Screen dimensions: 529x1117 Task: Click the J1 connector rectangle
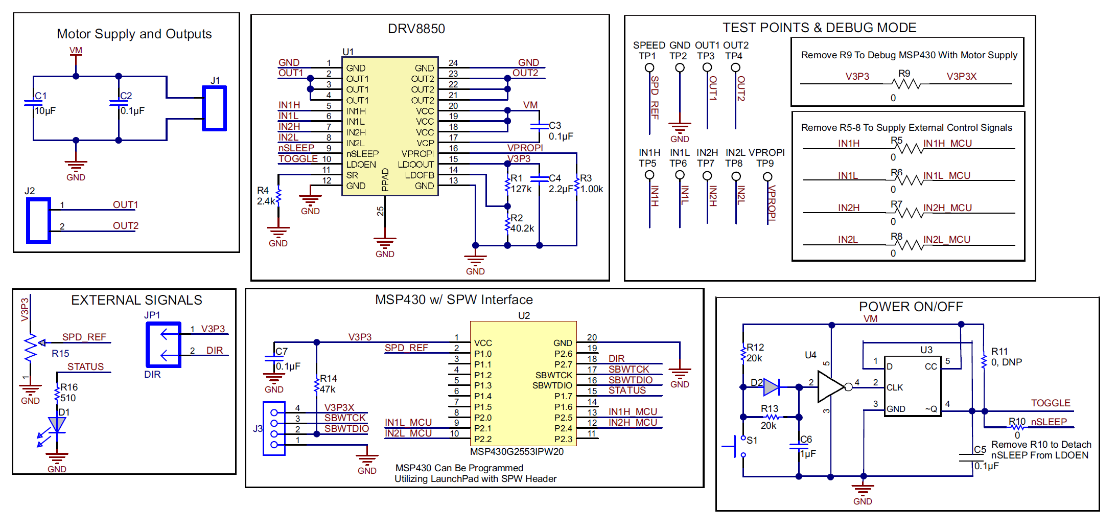214,108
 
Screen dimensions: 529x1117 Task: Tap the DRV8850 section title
416,29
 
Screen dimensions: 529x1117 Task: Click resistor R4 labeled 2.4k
278,195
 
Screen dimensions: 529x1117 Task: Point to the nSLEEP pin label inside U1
362,154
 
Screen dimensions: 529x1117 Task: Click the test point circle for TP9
767,177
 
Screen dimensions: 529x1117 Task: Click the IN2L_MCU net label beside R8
946,239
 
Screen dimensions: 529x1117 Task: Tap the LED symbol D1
57,425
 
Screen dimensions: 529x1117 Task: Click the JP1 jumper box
164,344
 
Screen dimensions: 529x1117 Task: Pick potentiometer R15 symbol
31,348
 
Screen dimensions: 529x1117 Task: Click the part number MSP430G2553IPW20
517,452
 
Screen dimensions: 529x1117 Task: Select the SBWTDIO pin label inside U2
552,385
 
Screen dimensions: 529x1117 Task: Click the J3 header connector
274,428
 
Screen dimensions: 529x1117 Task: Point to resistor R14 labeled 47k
317,384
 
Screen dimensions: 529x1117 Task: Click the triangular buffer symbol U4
829,387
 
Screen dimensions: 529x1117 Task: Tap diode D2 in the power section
771,387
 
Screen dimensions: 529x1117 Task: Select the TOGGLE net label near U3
1050,403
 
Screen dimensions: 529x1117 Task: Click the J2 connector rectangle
38,220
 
